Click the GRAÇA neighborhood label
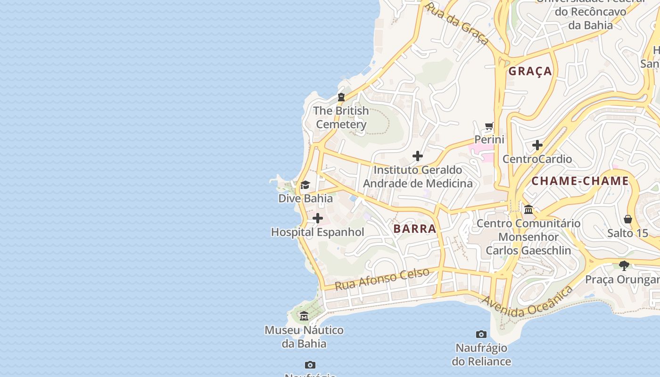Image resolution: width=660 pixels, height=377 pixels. [x=530, y=71]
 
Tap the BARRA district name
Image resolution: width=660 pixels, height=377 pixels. [x=415, y=229]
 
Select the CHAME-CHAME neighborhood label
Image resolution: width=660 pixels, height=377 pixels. [x=580, y=181]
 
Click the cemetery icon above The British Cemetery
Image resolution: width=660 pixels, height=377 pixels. [x=341, y=97]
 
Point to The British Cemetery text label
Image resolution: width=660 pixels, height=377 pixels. [x=341, y=117]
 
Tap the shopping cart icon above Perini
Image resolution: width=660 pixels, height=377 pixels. [x=489, y=126]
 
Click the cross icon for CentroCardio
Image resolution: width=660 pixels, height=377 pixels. [x=537, y=145]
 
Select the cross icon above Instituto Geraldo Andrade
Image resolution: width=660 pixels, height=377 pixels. [x=417, y=156]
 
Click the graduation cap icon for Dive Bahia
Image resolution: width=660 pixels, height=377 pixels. [x=305, y=185]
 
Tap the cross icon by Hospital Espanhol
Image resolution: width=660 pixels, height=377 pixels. [x=318, y=218]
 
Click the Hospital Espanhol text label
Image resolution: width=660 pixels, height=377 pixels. [x=318, y=232]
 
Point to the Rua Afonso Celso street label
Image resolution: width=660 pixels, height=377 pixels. [x=382, y=279]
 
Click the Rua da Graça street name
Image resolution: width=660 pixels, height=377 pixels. [x=456, y=23]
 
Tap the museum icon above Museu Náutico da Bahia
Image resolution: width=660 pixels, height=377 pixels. [x=304, y=316]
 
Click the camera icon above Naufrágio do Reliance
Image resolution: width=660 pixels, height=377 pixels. [x=481, y=334]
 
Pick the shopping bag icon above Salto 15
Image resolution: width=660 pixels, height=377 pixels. [x=627, y=219]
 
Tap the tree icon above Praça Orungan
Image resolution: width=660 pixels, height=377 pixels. [x=624, y=265]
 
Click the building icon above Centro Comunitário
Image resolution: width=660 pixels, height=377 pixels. [x=528, y=209]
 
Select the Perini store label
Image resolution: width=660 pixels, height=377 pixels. [x=489, y=139]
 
